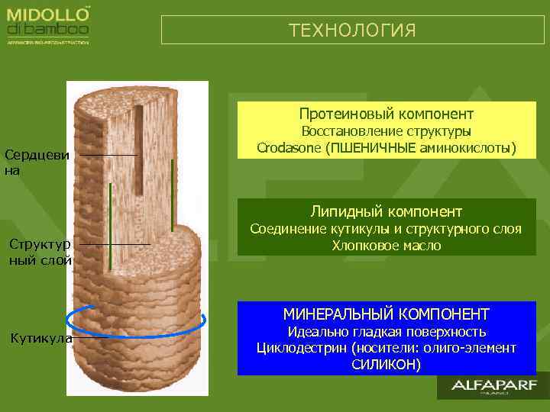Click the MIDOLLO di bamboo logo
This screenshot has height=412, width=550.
click(x=49, y=23)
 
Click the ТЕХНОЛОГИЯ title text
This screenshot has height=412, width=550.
click(x=352, y=31)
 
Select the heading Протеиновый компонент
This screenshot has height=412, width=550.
click(x=386, y=114)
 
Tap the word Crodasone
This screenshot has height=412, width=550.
click(x=290, y=146)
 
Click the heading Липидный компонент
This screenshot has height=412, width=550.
click(x=386, y=211)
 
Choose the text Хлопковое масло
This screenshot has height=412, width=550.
click(x=386, y=246)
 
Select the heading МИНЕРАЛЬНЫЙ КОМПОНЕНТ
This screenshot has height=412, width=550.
click(x=386, y=314)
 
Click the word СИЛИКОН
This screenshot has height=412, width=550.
click(x=386, y=364)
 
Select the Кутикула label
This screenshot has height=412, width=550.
click(x=40, y=338)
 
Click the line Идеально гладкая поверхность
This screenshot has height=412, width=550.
click(x=386, y=332)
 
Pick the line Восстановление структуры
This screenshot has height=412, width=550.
click(x=386, y=130)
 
